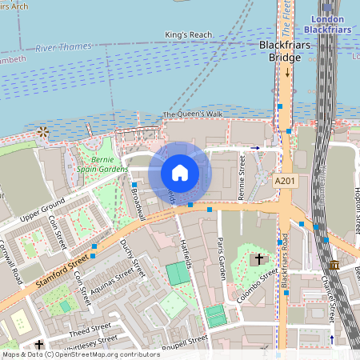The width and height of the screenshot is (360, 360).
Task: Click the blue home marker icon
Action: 180,172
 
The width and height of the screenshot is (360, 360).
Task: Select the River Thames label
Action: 64,47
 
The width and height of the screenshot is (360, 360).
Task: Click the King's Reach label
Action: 187,35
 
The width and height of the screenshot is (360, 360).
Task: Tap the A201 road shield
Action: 283,182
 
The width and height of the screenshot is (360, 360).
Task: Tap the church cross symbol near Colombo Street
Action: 258,259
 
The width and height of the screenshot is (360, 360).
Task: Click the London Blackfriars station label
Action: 329,24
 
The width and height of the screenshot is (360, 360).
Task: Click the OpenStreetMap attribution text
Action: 70,354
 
